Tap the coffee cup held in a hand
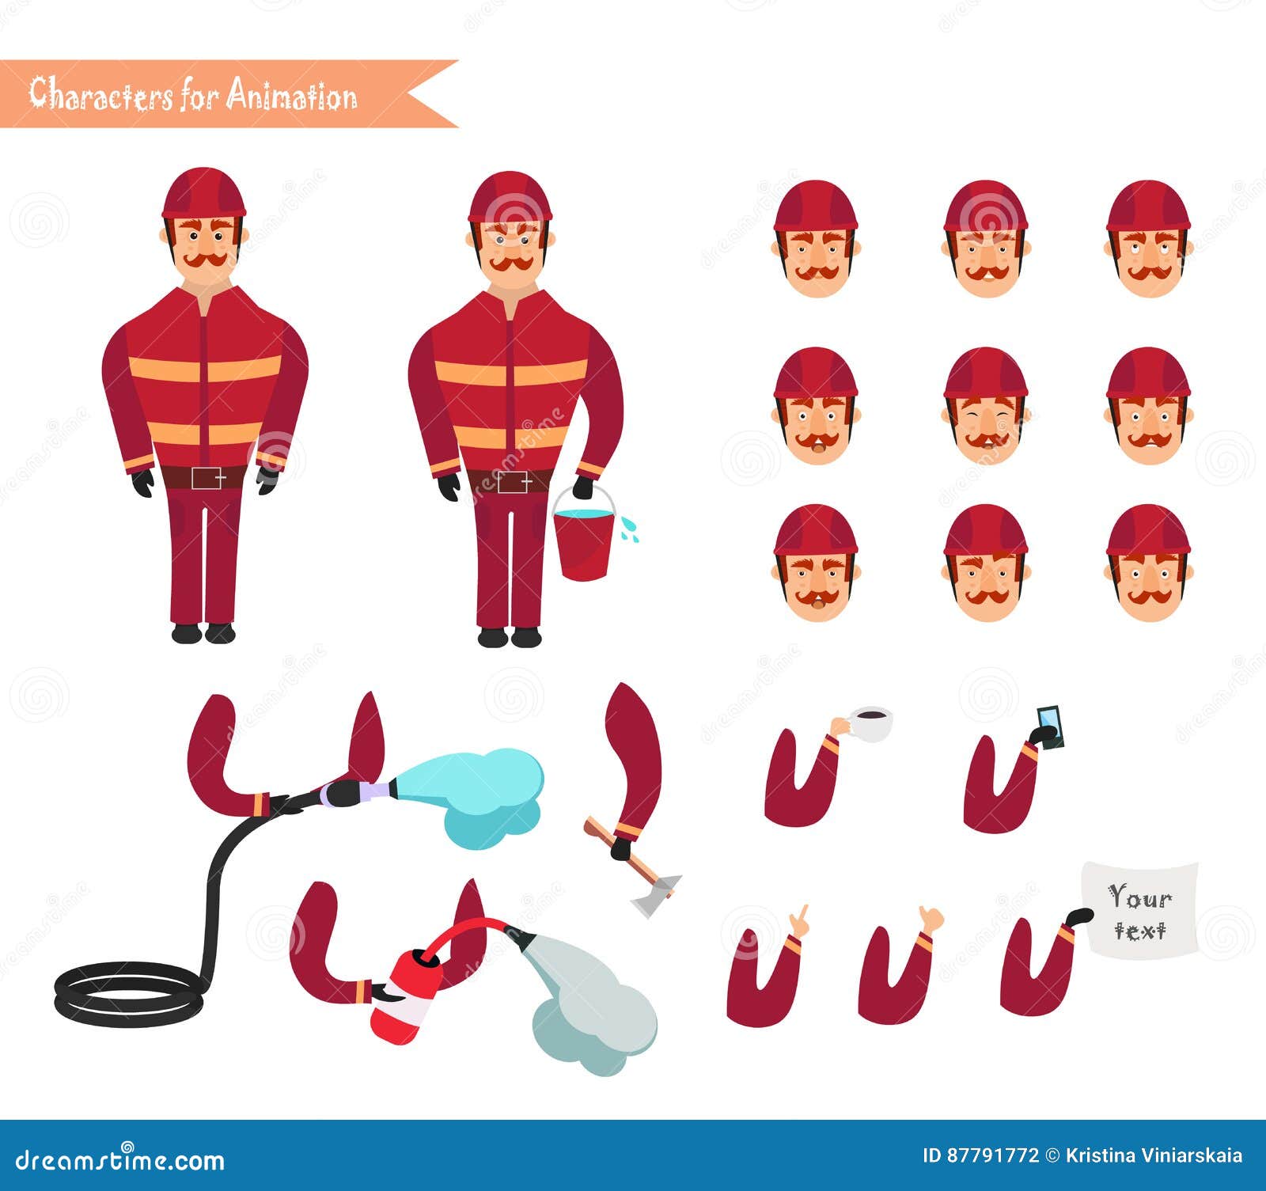click(x=870, y=724)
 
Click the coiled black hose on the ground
click(x=127, y=993)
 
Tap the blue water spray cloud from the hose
click(x=483, y=791)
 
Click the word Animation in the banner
click(x=292, y=95)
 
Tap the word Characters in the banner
click(x=100, y=95)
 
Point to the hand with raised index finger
click(x=800, y=921)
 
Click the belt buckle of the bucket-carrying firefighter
click(x=513, y=481)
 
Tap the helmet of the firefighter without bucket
click(x=203, y=192)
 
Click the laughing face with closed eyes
click(x=985, y=408)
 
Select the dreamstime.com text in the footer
click(x=120, y=1160)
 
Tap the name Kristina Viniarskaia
click(x=1153, y=1155)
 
